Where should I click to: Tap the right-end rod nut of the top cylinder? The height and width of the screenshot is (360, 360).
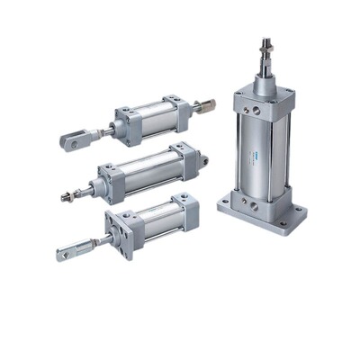206,104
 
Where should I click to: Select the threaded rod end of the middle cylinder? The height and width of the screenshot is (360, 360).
68,193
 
